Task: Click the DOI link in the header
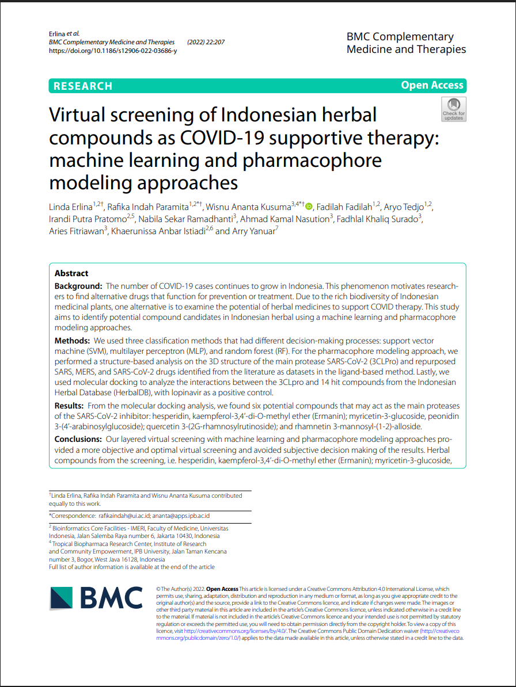pyautogui.click(x=113, y=51)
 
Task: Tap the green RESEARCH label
pyautogui.click(x=82, y=86)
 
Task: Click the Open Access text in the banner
pyautogui.click(x=432, y=85)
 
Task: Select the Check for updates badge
pyautogui.click(x=453, y=109)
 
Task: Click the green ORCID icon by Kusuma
pyautogui.click(x=309, y=207)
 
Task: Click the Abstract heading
pyautogui.click(x=71, y=273)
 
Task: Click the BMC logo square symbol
pyautogui.click(x=62, y=598)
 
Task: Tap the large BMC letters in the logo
pyautogui.click(x=111, y=598)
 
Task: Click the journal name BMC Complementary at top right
pyautogui.click(x=400, y=37)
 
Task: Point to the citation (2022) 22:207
pyautogui.click(x=206, y=42)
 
